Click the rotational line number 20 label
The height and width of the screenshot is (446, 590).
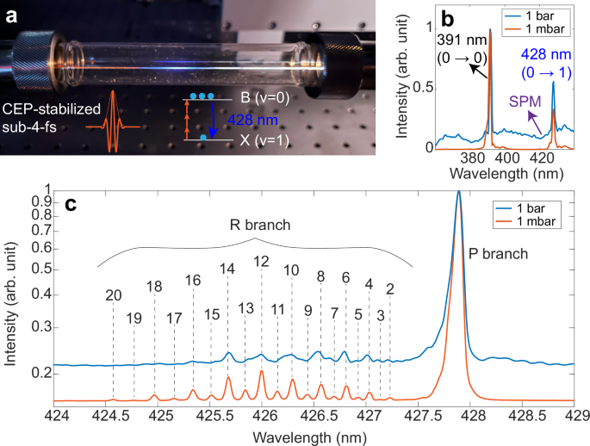113,295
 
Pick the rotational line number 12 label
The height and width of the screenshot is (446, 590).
261,261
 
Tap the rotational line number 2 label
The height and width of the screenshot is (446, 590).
390,288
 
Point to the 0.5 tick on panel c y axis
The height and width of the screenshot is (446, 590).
36,270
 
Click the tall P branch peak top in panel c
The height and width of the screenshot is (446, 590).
459,193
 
